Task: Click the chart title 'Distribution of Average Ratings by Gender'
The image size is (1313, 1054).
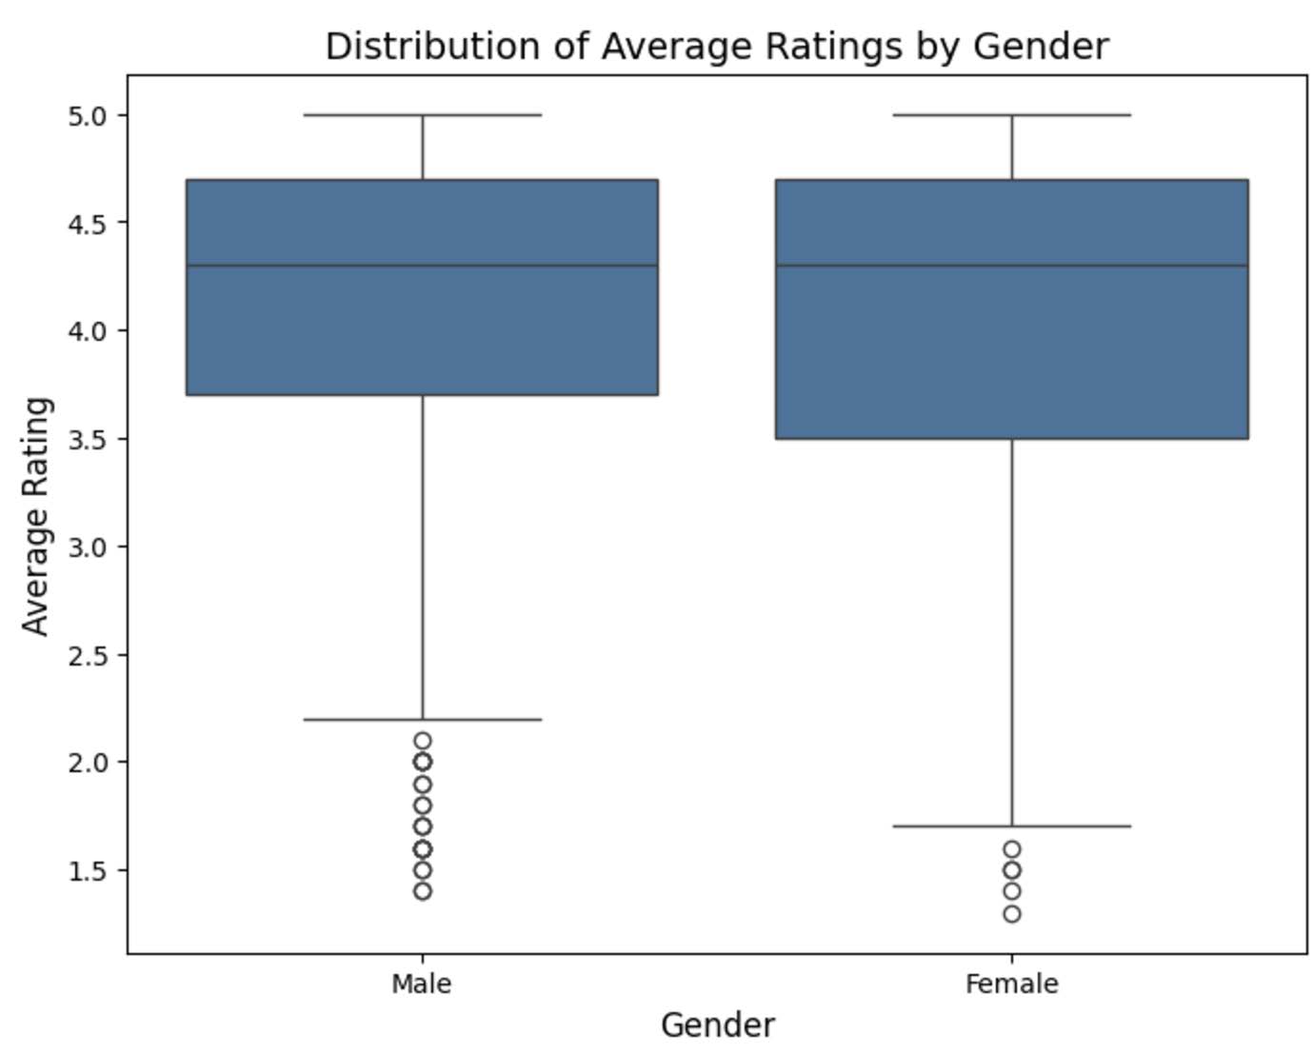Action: tap(717, 46)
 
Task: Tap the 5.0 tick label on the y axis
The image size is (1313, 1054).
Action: tap(88, 115)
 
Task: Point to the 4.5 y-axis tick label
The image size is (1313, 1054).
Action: tap(88, 223)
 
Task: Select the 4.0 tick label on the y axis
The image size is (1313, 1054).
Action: tap(88, 330)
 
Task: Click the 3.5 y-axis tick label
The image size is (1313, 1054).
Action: tap(88, 439)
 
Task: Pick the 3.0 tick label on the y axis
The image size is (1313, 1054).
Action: tap(88, 547)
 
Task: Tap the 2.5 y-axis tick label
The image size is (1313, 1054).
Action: tap(88, 655)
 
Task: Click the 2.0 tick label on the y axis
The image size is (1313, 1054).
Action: tap(88, 762)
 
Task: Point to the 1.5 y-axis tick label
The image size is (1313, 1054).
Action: tap(88, 870)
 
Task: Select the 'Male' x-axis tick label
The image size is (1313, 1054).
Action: tap(422, 984)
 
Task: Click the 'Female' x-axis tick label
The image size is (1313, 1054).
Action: tap(1011, 984)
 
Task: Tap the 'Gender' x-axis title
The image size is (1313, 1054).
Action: tap(717, 1025)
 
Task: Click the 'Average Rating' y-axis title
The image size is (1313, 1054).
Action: tap(36, 515)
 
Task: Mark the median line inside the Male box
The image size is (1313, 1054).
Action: tap(422, 266)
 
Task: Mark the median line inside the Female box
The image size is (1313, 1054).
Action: tap(1011, 266)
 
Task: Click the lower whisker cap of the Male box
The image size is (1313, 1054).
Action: tap(422, 719)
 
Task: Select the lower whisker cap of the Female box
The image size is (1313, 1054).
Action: tap(1011, 826)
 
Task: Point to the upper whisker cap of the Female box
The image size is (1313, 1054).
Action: tap(1011, 115)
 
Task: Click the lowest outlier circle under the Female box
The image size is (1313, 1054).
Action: tap(1011, 914)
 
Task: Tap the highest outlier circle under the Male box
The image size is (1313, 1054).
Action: tap(422, 741)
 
